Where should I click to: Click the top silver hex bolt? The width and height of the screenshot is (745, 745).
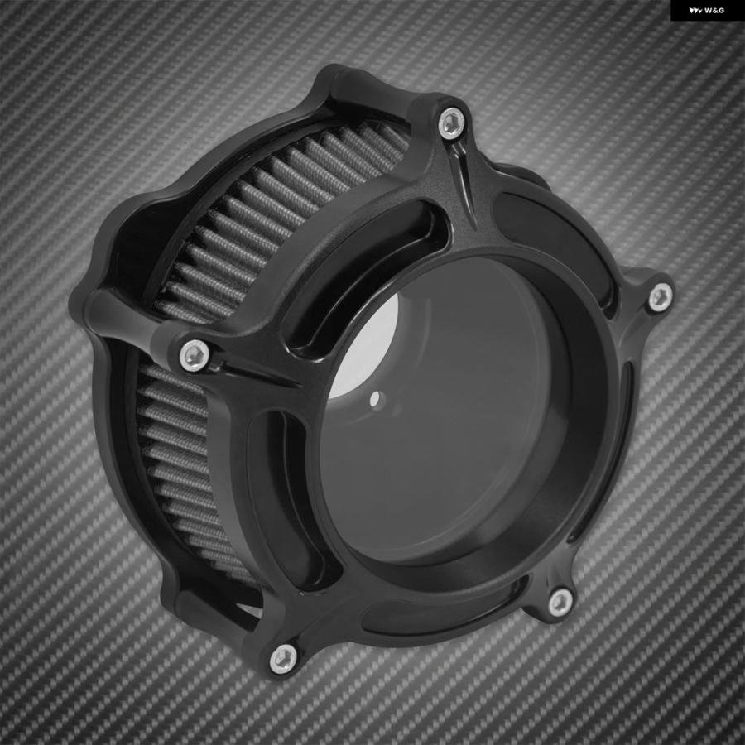[451, 123]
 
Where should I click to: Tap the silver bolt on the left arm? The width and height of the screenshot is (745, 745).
[195, 354]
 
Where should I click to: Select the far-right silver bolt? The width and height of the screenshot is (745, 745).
[661, 297]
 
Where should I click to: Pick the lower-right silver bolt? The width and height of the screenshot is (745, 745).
[560, 603]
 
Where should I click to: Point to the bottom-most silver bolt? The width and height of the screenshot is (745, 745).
[284, 659]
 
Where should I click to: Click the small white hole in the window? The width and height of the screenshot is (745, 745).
[375, 397]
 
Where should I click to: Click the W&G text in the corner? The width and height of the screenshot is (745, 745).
[714, 11]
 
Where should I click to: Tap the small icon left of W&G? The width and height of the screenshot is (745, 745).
[695, 11]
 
